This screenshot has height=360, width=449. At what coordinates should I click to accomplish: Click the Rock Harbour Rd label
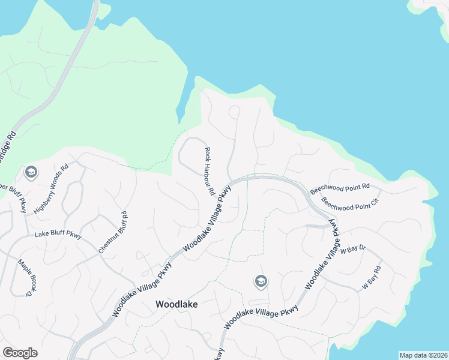click(209, 172)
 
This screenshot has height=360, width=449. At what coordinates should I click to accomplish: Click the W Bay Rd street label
click(372, 278)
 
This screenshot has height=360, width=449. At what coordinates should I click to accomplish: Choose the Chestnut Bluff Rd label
click(113, 232)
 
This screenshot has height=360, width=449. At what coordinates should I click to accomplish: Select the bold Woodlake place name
click(176, 304)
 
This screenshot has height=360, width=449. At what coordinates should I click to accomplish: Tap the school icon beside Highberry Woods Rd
click(31, 173)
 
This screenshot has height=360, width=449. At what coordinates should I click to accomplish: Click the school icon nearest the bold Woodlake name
click(261, 281)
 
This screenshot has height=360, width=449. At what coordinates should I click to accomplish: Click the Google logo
click(20, 353)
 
